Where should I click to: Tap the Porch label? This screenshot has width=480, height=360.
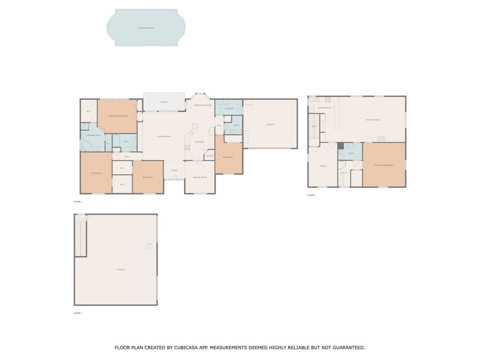click(x=164, y=102)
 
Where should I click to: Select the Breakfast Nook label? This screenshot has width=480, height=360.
click(x=203, y=105)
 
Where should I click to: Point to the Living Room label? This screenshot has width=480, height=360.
click(x=163, y=136)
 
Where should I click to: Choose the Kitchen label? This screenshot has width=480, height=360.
click(x=199, y=141)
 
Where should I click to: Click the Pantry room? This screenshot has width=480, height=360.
click(x=209, y=156)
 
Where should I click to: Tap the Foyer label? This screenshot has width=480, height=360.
click(x=174, y=170)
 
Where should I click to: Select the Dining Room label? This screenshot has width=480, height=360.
click(x=200, y=178)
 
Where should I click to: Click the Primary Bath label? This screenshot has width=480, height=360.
click(x=93, y=134)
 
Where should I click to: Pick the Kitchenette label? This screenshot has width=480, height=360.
click(x=325, y=108)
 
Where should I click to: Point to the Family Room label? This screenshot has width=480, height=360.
click(x=372, y=120)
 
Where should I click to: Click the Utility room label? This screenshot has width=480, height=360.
click(x=343, y=173)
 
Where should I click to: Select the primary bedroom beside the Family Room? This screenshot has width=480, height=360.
click(x=384, y=165)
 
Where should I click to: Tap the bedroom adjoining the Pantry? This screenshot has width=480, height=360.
click(x=228, y=157)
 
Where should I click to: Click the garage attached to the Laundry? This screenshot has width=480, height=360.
click(x=270, y=124)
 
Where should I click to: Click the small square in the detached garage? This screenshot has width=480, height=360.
click(x=149, y=246)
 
